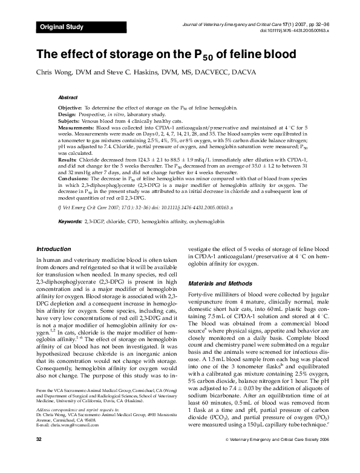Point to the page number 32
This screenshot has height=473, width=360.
pyautogui.click(x=40, y=455)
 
